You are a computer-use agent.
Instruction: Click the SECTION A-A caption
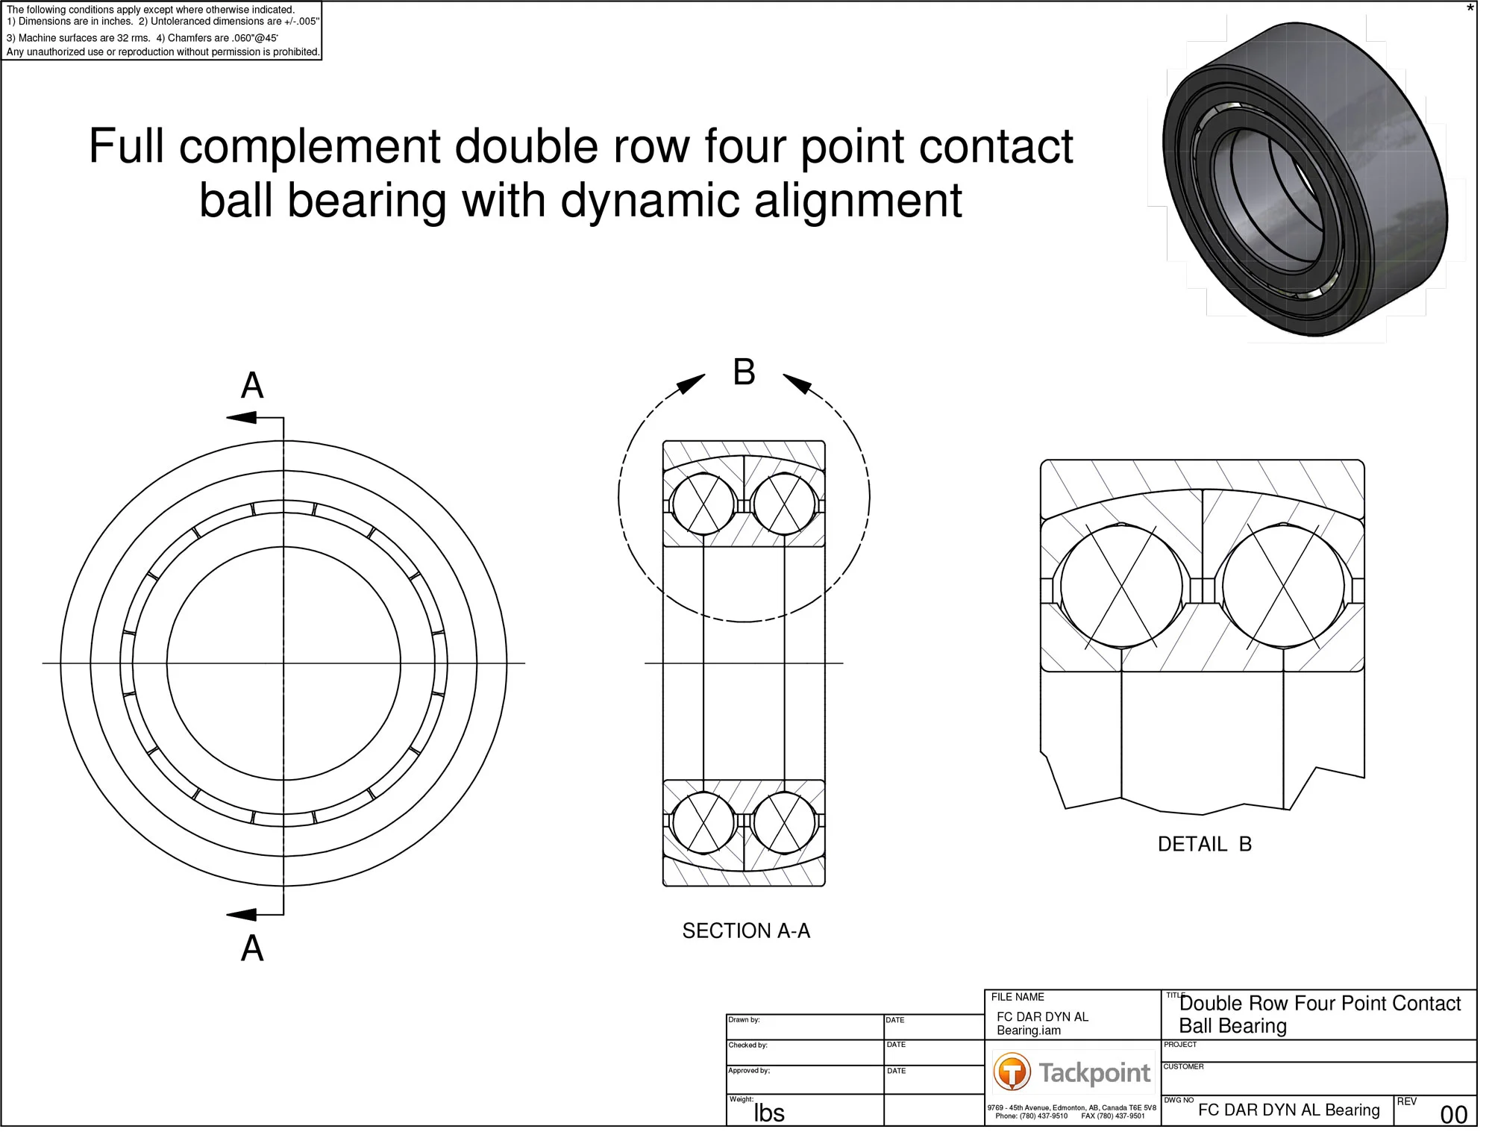(x=745, y=931)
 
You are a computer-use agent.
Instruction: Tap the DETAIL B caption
(x=1204, y=844)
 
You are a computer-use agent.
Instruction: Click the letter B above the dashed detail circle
(x=744, y=372)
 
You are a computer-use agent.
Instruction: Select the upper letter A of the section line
(x=252, y=386)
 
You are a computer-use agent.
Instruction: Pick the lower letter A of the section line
(x=252, y=948)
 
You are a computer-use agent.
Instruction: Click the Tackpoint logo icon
(x=1012, y=1072)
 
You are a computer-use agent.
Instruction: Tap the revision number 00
(x=1453, y=1114)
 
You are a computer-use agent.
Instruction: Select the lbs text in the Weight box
(x=768, y=1113)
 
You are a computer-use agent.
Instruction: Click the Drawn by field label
(x=744, y=1019)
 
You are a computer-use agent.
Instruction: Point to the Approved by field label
(x=749, y=1070)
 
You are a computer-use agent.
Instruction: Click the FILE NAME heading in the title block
(x=1017, y=997)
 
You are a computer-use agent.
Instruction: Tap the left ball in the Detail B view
(x=1121, y=587)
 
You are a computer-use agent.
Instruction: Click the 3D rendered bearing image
(x=1305, y=179)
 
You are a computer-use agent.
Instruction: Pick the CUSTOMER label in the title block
(x=1183, y=1066)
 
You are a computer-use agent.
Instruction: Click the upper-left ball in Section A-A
(x=703, y=504)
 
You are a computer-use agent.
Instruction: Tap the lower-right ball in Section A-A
(x=784, y=822)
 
